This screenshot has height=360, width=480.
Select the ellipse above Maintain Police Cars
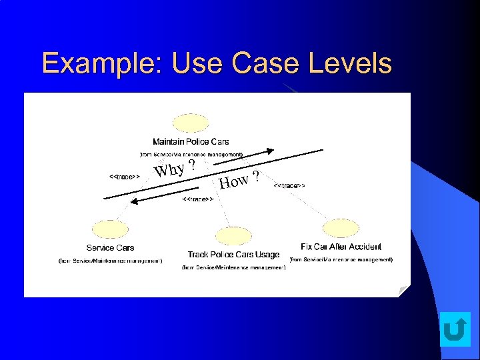[191, 125]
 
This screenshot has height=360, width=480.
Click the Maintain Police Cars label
[191, 141]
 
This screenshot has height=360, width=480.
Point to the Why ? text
[175, 168]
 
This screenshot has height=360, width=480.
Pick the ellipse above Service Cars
[110, 229]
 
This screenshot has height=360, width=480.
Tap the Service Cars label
[110, 248]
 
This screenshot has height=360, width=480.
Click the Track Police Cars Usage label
[233, 255]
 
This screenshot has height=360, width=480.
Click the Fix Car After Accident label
[341, 247]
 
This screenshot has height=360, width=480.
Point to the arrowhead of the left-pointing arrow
[133, 201]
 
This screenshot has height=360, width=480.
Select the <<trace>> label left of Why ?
[124, 176]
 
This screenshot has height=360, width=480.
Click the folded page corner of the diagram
[404, 291]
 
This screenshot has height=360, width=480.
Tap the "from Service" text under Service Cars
[110, 261]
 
